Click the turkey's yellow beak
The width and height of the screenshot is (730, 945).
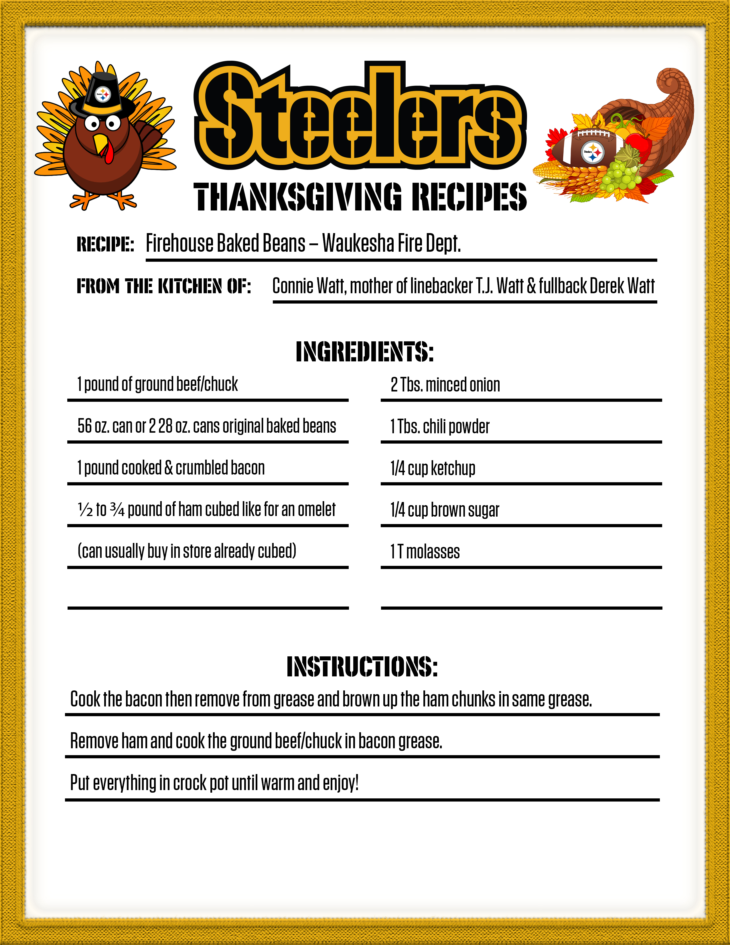[x=100, y=143]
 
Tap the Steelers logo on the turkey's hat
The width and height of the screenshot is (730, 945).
[x=103, y=94]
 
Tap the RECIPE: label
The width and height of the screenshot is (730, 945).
[x=105, y=245]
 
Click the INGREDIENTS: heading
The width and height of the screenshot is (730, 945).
[x=364, y=351]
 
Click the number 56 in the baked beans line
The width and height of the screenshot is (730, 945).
[x=84, y=426]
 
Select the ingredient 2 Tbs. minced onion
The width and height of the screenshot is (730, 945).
[x=445, y=385]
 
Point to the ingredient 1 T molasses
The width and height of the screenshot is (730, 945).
[x=425, y=552]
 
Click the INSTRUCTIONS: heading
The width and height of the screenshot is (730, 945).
[x=362, y=667]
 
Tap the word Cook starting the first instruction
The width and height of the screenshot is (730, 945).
[x=85, y=699]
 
